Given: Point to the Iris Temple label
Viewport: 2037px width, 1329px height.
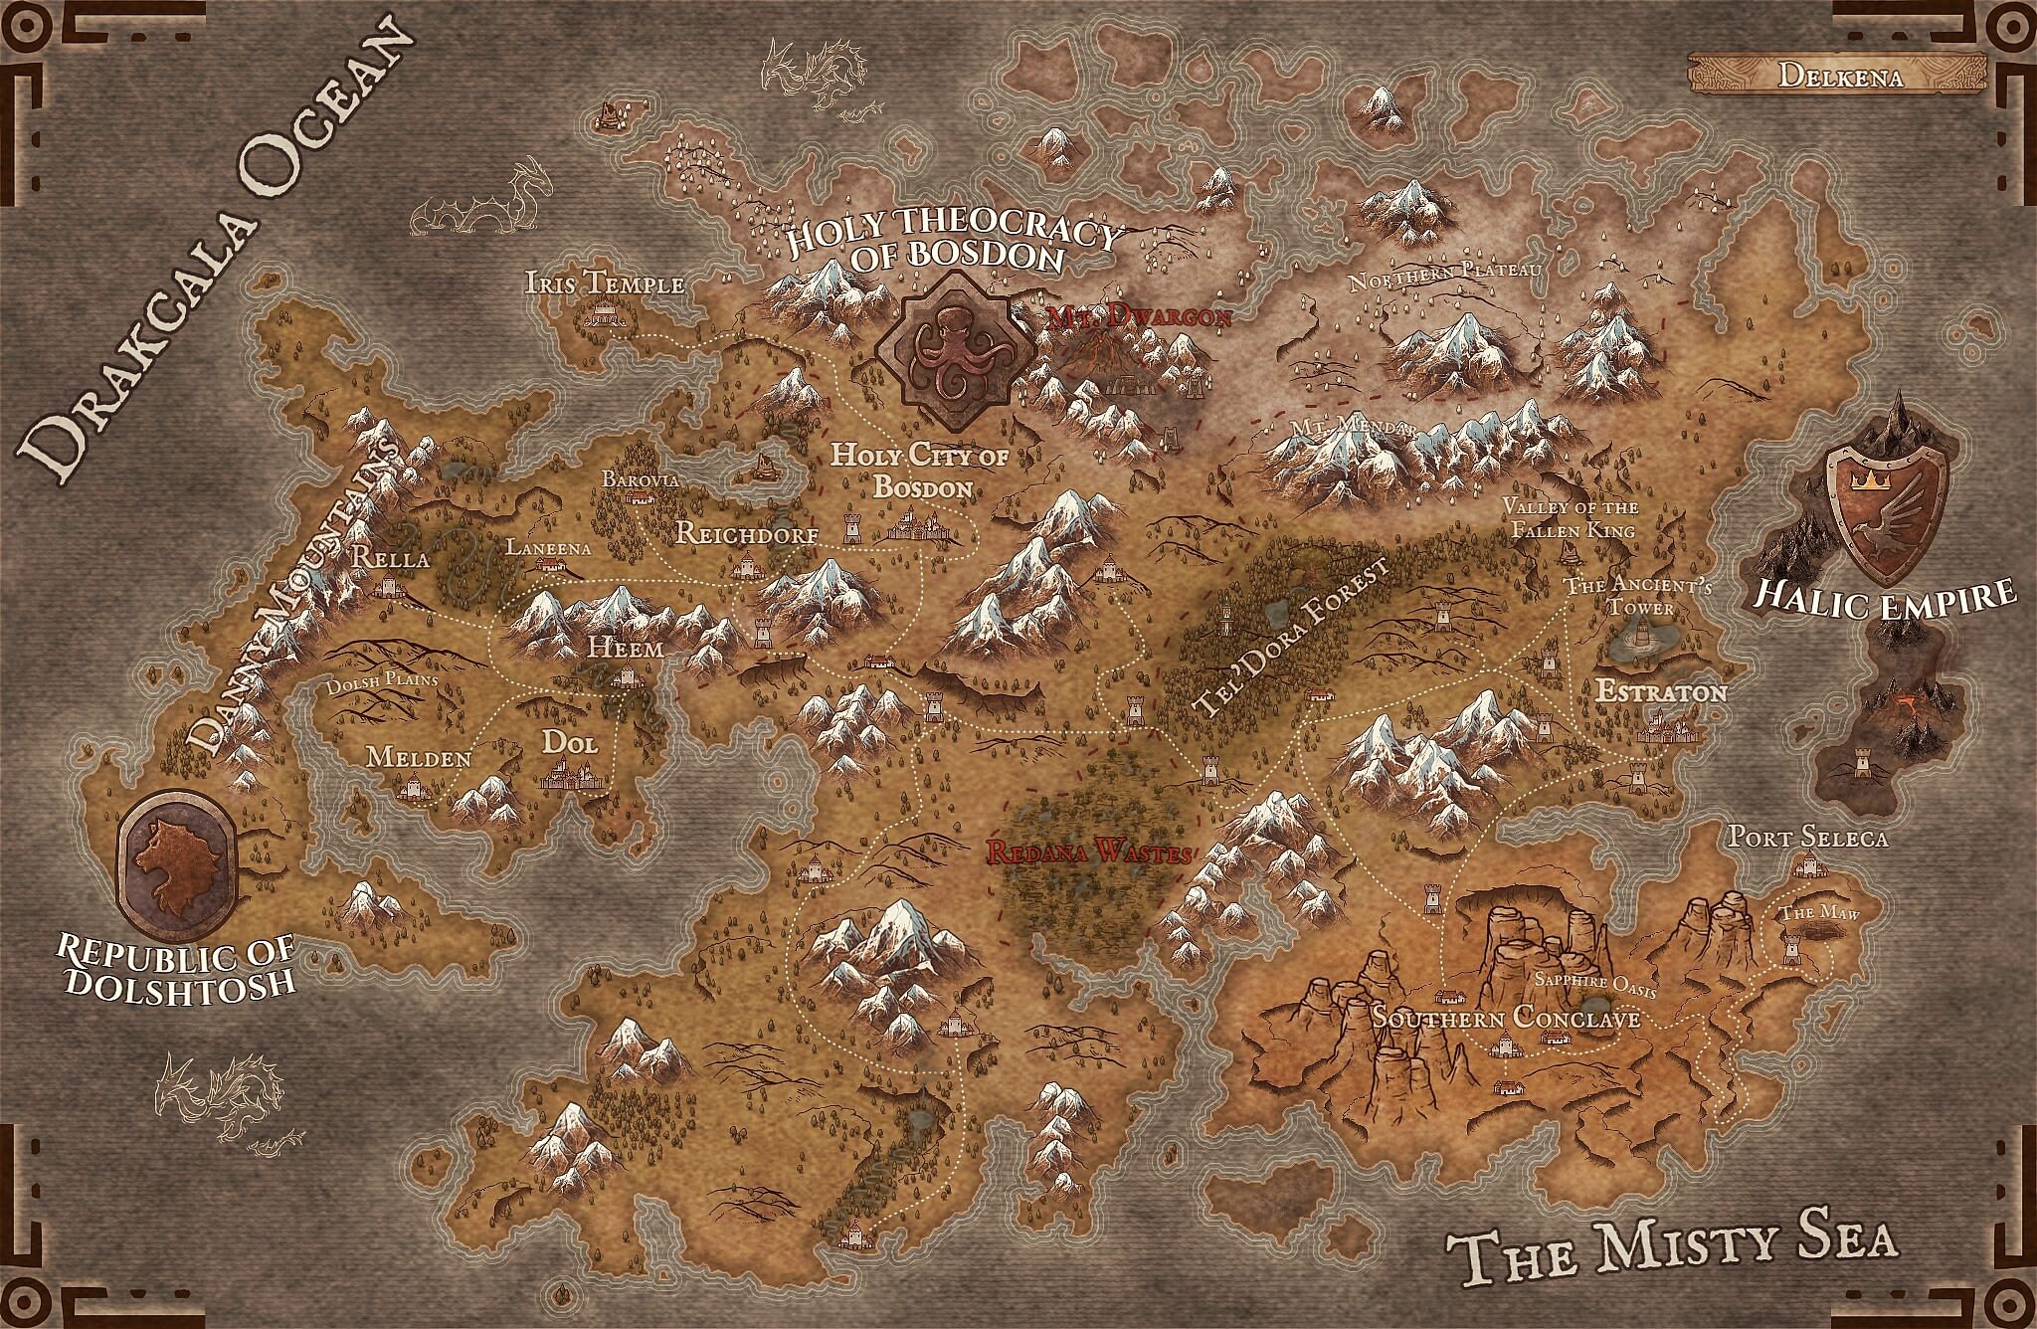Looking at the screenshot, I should (605, 284).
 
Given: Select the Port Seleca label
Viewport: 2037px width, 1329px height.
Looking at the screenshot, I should (1807, 838).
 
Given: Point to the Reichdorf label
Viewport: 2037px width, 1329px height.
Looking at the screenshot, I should (747, 534).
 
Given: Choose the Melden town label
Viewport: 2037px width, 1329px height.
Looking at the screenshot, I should (419, 757).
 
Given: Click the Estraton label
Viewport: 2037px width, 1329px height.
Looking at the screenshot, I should (1661, 691).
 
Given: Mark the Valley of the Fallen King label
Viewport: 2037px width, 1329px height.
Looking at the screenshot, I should (1571, 519).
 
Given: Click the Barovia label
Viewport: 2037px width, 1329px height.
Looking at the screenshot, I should (640, 479).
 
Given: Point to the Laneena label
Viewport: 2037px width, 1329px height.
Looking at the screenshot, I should (548, 547).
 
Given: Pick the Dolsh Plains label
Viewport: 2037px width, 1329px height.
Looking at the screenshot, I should (383, 685).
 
